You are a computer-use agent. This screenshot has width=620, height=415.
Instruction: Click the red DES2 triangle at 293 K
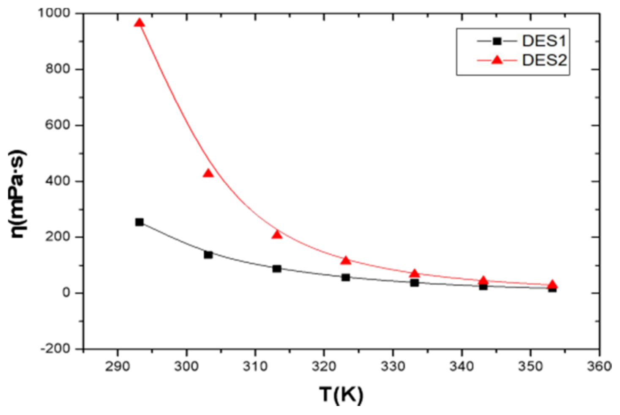pyautogui.click(x=139, y=23)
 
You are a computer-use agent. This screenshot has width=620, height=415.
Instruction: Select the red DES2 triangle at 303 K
pyautogui.click(x=208, y=173)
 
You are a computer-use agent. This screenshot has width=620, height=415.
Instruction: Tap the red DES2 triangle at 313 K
pyautogui.click(x=277, y=234)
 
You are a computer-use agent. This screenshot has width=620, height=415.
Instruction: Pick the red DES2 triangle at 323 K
pyautogui.click(x=346, y=260)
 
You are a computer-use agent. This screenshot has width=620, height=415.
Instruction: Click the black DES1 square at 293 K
pyautogui.click(x=139, y=222)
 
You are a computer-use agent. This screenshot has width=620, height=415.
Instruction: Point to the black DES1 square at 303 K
pyautogui.click(x=208, y=255)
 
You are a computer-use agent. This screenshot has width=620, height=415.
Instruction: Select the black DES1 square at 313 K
pyautogui.click(x=277, y=269)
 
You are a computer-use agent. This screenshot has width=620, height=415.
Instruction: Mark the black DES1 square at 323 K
pyautogui.click(x=346, y=278)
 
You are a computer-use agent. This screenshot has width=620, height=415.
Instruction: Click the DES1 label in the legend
pyautogui.click(x=544, y=41)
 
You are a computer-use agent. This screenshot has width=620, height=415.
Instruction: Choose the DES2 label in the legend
pyautogui.click(x=544, y=60)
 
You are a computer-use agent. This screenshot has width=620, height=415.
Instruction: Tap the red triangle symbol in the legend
pyautogui.click(x=497, y=60)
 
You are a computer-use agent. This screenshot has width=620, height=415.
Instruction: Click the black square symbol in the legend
pyautogui.click(x=497, y=41)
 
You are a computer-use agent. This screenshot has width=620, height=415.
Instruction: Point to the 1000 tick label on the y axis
pyautogui.click(x=54, y=13)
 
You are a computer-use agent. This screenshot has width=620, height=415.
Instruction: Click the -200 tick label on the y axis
pyautogui.click(x=55, y=349)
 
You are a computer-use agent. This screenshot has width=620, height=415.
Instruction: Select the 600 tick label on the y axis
pyautogui.click(x=58, y=125)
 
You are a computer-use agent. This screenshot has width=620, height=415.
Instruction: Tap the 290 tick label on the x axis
pyautogui.click(x=117, y=366)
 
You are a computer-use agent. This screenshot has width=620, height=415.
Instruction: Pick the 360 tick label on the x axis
pyautogui.click(x=599, y=366)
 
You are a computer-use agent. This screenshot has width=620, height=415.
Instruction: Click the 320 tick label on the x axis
pyautogui.click(x=324, y=366)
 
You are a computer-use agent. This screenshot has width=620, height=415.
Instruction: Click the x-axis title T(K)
pyautogui.click(x=341, y=395)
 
